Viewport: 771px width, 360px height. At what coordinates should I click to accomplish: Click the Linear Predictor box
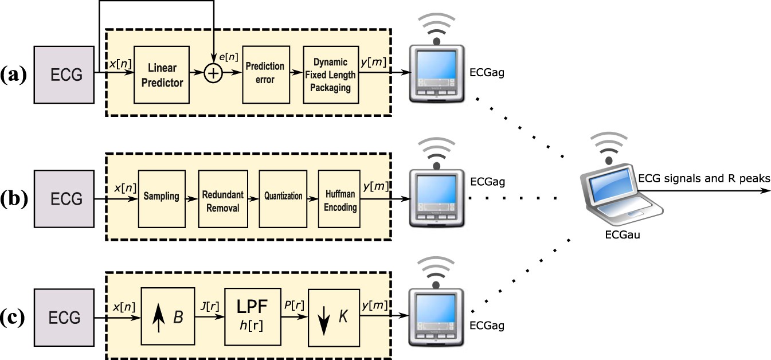click(161, 75)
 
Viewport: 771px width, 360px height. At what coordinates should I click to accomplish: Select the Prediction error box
click(265, 74)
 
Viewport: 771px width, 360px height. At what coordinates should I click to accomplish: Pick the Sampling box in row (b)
click(161, 197)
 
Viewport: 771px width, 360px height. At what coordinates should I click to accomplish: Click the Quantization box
click(283, 197)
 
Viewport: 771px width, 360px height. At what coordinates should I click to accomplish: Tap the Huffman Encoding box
click(339, 199)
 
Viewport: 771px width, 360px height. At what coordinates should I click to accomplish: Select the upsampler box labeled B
click(169, 316)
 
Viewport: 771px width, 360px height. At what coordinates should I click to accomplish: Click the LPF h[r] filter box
click(253, 316)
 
